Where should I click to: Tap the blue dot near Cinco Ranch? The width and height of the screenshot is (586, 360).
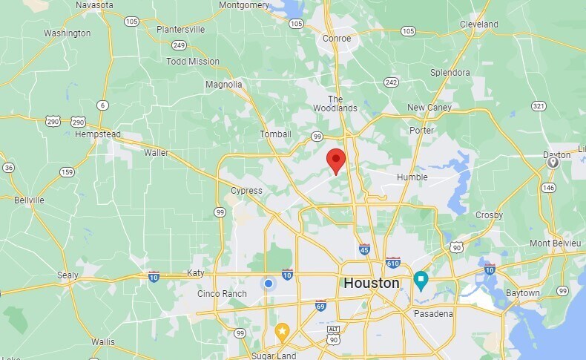tap(269, 284)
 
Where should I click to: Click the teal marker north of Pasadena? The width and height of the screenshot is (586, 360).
tap(421, 281)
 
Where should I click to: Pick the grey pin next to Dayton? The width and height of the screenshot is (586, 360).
tap(552, 162)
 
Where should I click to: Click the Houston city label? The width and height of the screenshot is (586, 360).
tap(371, 284)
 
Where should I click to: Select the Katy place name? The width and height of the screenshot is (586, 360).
tap(195, 272)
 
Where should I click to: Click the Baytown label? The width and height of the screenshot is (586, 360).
tap(523, 293)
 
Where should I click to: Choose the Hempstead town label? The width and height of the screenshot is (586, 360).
tap(93, 134)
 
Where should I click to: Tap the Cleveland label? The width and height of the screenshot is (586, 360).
tap(478, 24)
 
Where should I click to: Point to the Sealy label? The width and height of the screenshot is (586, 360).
tap(68, 275)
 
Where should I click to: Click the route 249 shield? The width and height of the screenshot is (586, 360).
tap(179, 45)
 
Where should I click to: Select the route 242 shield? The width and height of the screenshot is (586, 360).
tap(392, 82)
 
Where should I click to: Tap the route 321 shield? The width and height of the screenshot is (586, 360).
tap(539, 106)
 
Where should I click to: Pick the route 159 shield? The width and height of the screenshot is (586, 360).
tap(67, 172)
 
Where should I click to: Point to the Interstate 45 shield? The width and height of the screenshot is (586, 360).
tap(364, 249)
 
